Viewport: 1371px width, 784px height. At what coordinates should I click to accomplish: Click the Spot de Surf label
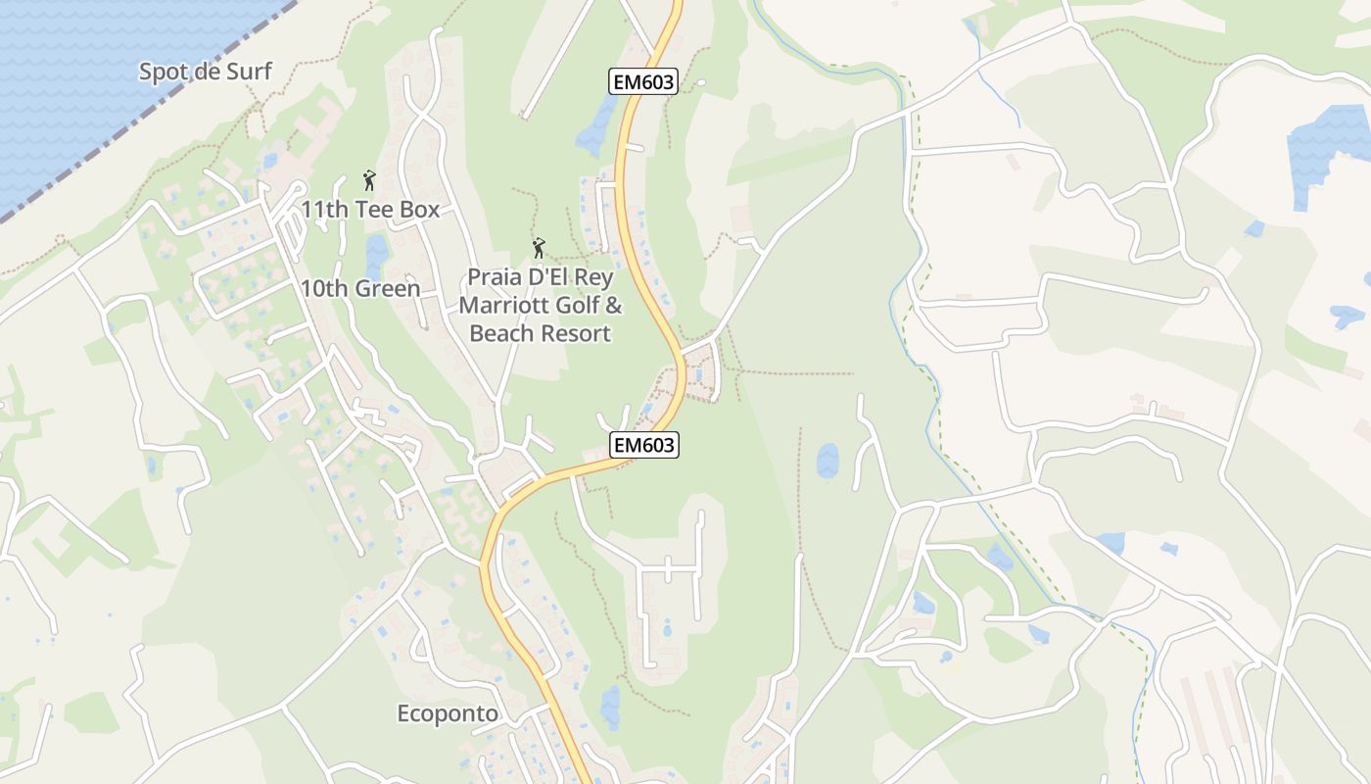click(205, 72)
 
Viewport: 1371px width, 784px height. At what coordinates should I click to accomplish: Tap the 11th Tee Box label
click(370, 209)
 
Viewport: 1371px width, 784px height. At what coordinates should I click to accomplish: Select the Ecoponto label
click(448, 713)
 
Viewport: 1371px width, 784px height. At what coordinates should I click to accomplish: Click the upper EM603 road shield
click(642, 82)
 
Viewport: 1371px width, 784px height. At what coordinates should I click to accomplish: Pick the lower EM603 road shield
click(643, 445)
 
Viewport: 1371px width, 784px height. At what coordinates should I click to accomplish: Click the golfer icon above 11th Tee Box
click(369, 180)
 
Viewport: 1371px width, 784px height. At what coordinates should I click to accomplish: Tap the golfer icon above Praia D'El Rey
click(538, 249)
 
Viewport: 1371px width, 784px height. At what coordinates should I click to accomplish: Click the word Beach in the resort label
click(501, 333)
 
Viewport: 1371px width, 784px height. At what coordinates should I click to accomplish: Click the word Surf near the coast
click(249, 72)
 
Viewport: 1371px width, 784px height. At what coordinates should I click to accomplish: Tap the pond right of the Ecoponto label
click(610, 706)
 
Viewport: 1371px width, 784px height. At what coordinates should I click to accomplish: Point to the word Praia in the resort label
click(496, 277)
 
